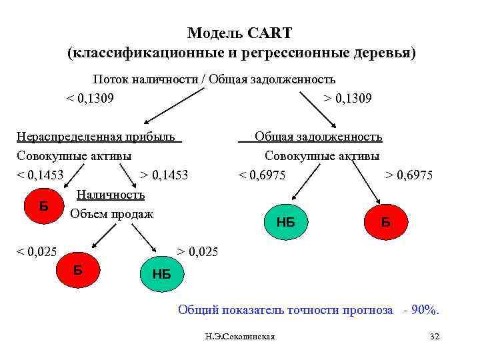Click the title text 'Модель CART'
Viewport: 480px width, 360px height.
coord(240,33)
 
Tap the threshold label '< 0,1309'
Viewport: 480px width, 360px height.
coord(89,99)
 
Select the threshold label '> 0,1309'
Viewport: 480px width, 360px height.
coord(348,99)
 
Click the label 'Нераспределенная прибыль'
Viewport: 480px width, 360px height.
coord(99,137)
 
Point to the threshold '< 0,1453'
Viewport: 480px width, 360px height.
coord(40,175)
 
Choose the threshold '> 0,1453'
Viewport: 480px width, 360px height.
coord(165,175)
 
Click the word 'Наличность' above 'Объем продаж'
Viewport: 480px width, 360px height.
coord(111,195)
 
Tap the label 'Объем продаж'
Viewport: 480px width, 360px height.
coord(111,214)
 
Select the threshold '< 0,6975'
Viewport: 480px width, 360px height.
coord(263,175)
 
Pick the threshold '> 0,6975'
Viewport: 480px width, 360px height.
coord(409,176)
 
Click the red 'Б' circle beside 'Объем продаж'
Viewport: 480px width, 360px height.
coord(43,206)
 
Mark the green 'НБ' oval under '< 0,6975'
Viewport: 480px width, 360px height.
coord(285,222)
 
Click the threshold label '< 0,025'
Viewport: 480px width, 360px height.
coord(37,253)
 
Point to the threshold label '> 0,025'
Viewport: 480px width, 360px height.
coord(197,253)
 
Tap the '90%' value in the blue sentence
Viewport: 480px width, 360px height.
coord(425,310)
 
